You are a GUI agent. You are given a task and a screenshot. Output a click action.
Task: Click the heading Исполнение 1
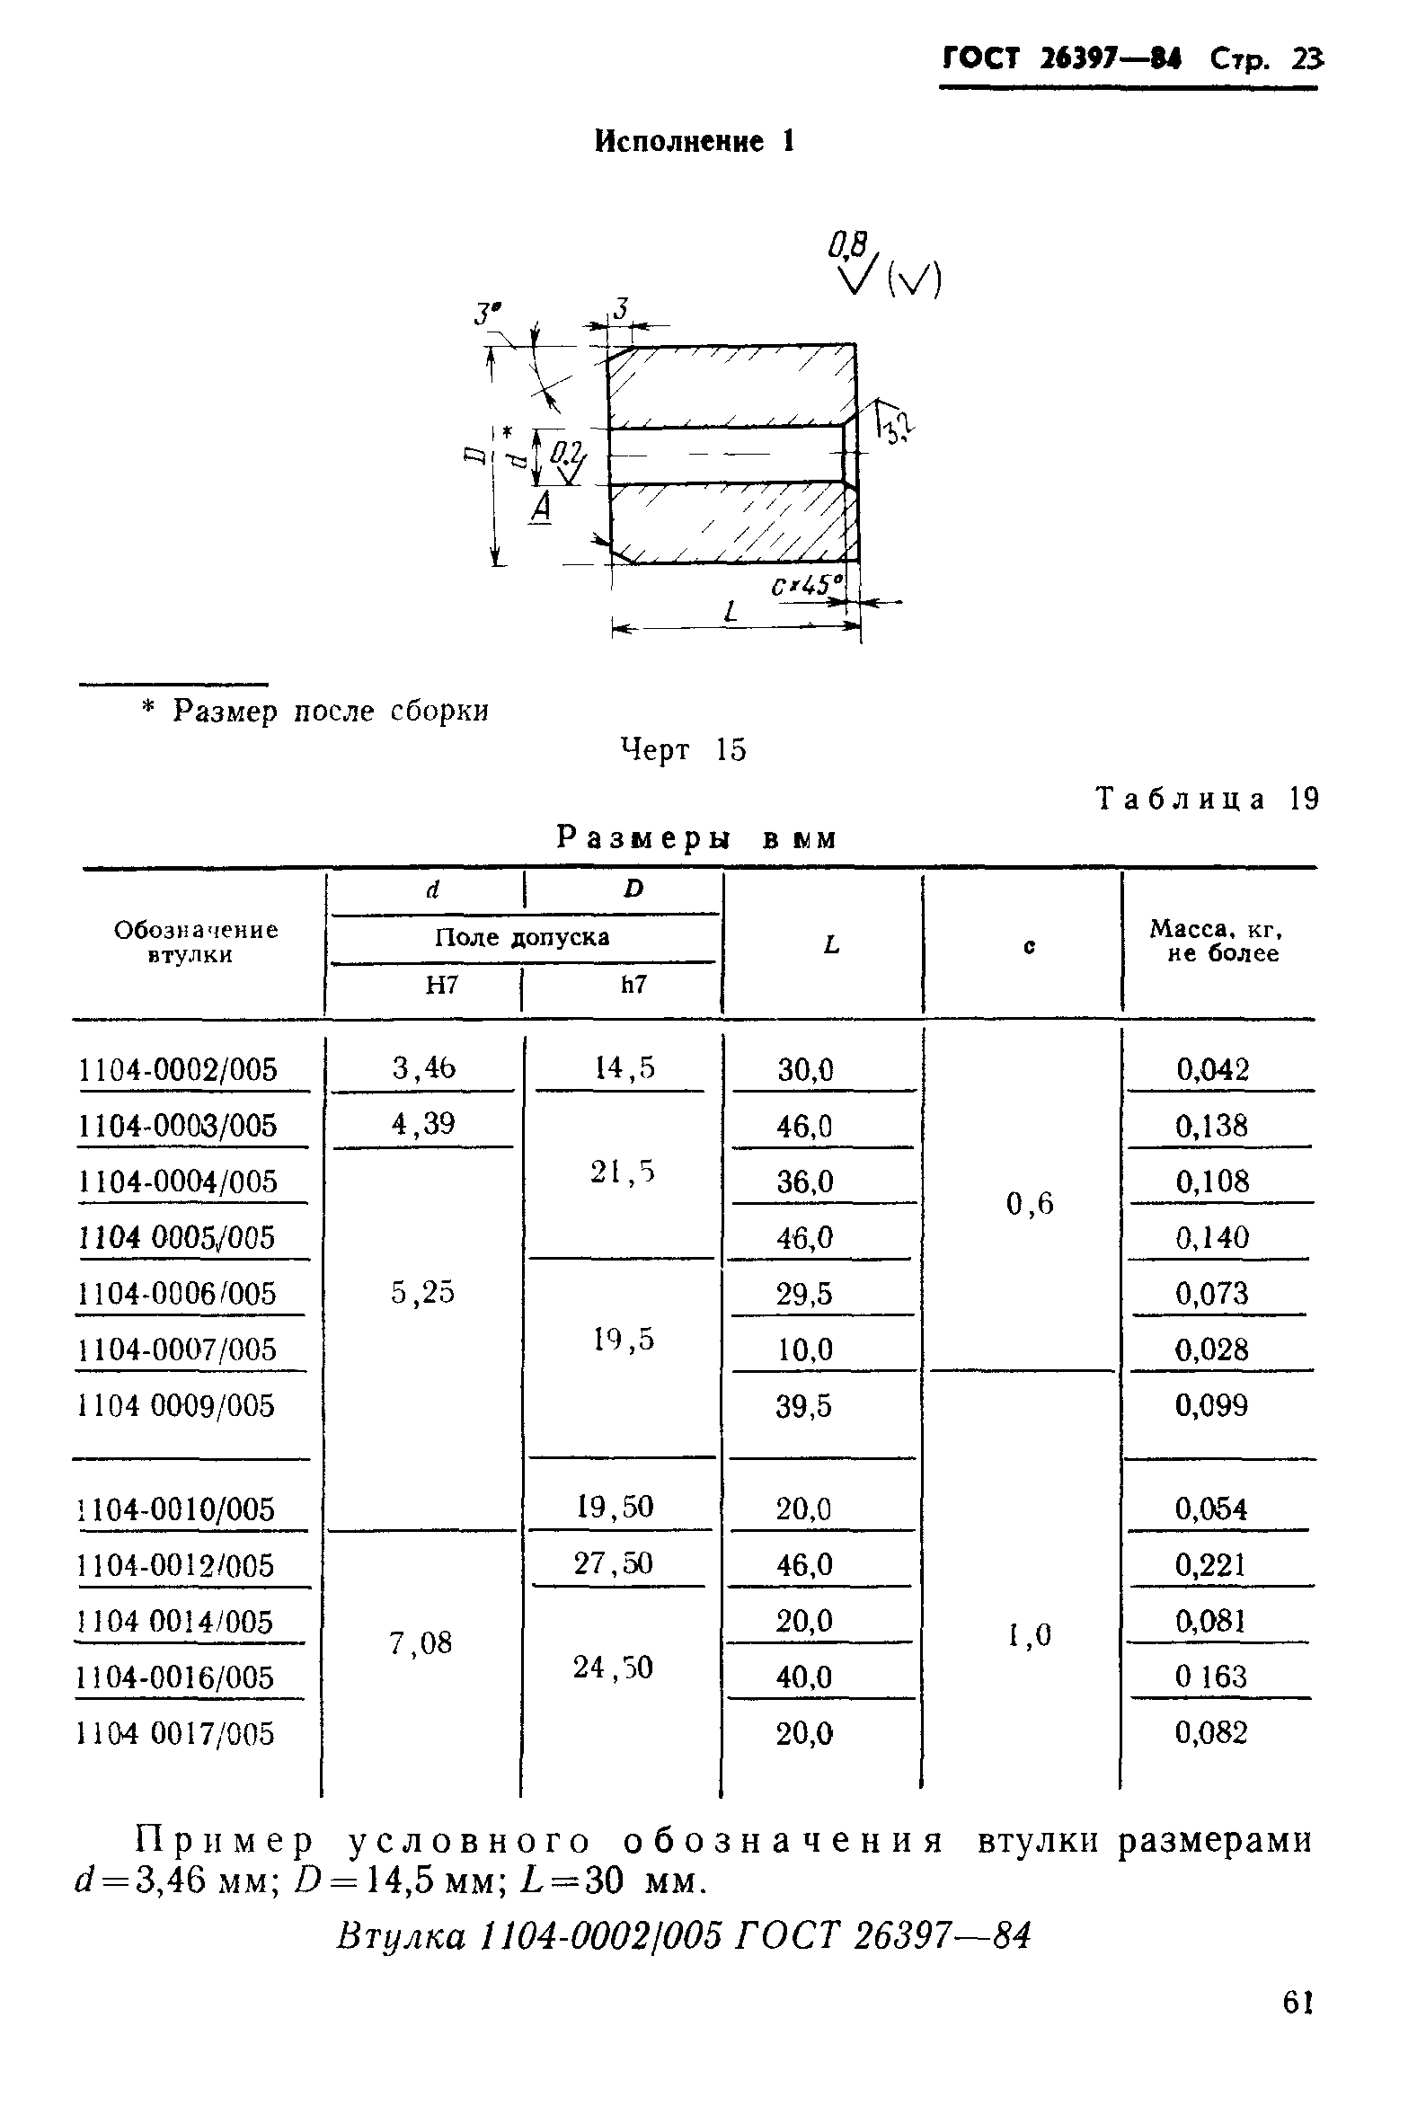(695, 141)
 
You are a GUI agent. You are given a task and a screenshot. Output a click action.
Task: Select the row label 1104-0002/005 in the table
(178, 1069)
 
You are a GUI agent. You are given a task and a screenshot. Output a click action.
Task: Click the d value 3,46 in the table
(424, 1067)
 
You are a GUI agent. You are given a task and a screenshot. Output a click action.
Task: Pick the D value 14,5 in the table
(624, 1067)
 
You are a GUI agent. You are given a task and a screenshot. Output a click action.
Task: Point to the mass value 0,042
(1213, 1069)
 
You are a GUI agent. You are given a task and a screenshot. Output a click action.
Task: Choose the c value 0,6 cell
(1030, 1204)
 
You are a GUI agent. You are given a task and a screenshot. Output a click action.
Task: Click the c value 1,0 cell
(1030, 1636)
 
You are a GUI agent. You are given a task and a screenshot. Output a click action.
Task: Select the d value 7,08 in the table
(421, 1642)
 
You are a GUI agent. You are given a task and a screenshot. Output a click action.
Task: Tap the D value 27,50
(613, 1563)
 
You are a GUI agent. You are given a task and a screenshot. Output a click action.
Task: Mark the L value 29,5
(804, 1294)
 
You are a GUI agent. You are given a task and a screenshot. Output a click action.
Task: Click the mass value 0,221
(1210, 1564)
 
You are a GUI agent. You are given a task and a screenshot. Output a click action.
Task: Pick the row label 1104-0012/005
(176, 1565)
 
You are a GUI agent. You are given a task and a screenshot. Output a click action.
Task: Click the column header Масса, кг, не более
(1216, 941)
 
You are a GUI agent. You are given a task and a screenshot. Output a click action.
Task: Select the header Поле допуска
(522, 937)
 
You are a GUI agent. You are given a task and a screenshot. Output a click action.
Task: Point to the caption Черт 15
(683, 749)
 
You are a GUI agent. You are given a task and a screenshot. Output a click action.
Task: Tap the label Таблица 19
(1207, 799)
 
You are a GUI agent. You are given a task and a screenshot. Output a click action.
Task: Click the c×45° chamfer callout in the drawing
(807, 585)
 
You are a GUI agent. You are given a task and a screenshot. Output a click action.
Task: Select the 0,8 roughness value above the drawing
(847, 243)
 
